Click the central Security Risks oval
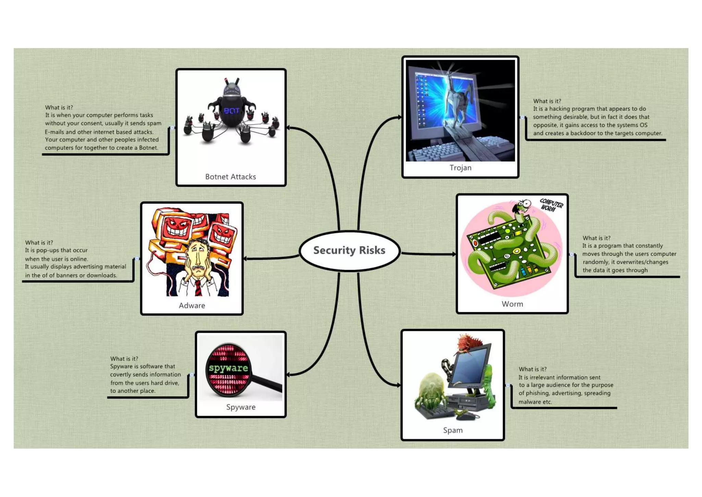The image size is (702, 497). (x=349, y=251)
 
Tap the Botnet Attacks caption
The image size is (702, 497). (x=230, y=177)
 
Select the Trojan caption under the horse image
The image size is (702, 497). (x=460, y=168)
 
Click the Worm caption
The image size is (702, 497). (x=512, y=304)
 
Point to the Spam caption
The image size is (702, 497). (x=452, y=430)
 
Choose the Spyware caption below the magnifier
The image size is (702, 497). (x=241, y=407)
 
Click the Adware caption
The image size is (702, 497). (x=192, y=305)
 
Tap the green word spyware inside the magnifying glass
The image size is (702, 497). (x=228, y=368)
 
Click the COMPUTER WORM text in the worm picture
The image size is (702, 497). (x=551, y=205)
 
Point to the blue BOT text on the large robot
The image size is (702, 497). (x=232, y=111)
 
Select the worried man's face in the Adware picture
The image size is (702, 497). (x=198, y=257)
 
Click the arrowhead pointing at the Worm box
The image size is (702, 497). (x=454, y=254)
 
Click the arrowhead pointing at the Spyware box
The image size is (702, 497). (x=289, y=375)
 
